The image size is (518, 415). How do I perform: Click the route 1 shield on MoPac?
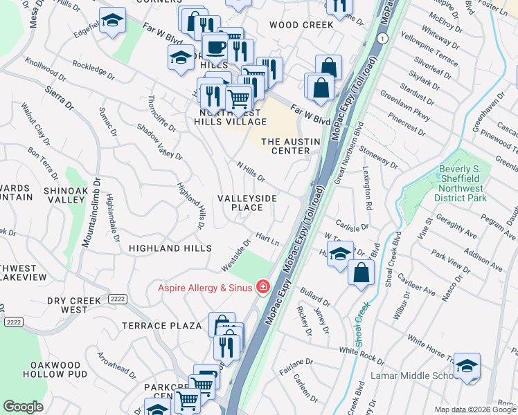(x=381, y=37)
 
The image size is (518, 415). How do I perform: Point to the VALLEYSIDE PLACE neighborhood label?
(x=247, y=203)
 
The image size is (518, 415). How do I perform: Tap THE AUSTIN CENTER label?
(x=290, y=146)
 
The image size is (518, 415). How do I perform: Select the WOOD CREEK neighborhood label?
(x=301, y=25)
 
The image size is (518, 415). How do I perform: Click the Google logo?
(x=23, y=407)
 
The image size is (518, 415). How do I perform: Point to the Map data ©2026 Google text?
(x=474, y=409)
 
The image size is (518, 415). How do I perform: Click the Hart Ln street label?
(x=267, y=239)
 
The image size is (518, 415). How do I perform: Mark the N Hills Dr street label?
(x=251, y=172)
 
